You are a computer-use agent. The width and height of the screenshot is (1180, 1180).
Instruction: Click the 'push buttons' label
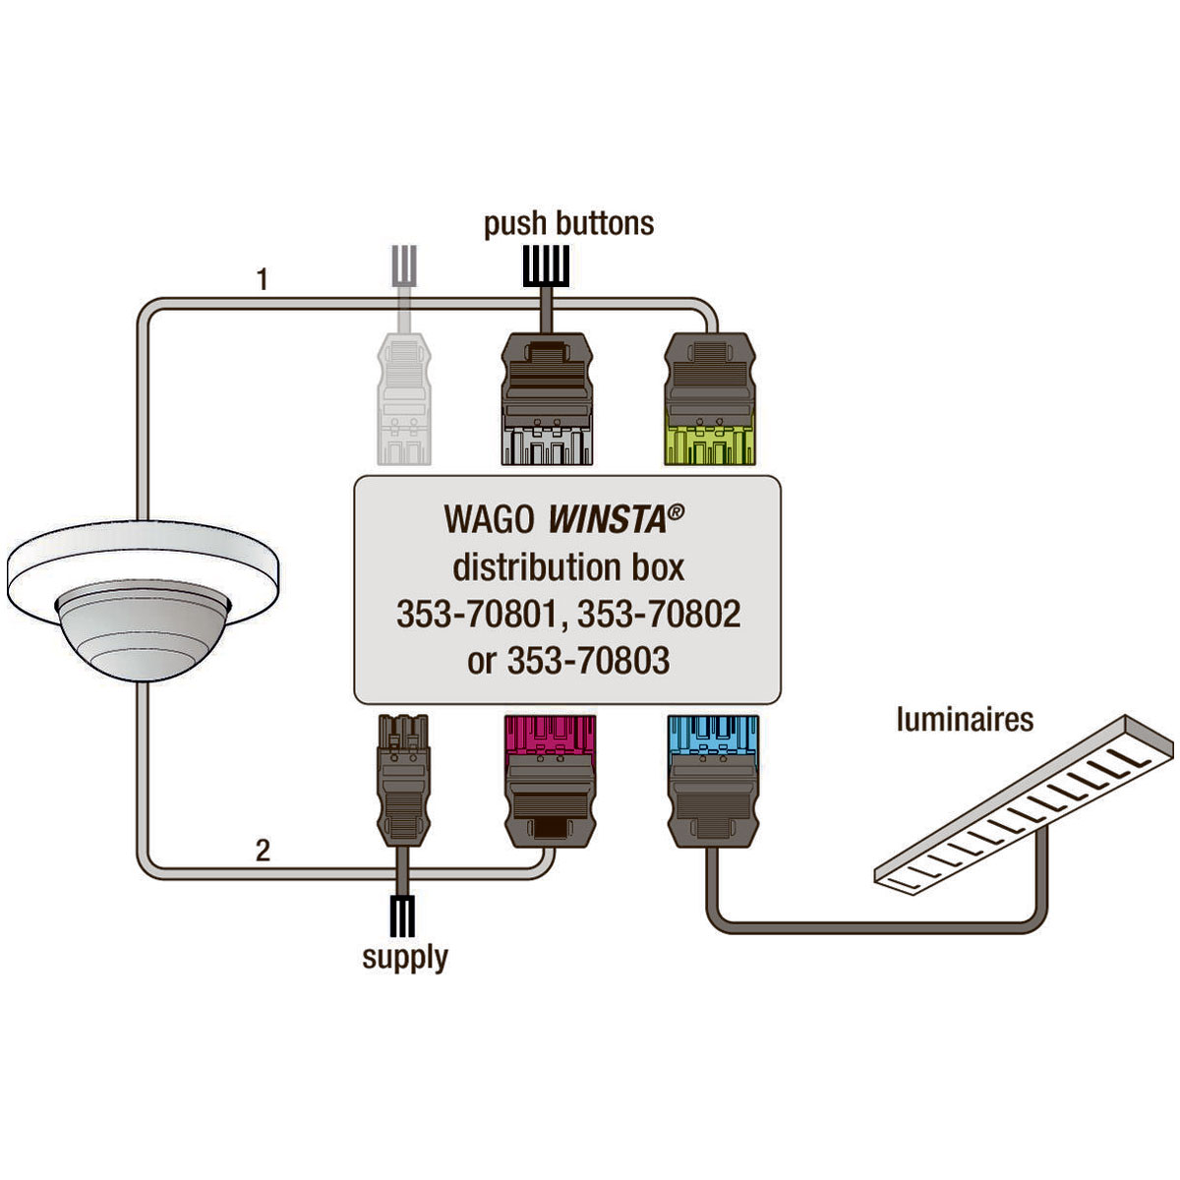point(568,225)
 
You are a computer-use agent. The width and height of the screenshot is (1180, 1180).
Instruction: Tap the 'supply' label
point(405,957)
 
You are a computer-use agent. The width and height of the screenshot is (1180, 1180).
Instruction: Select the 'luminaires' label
point(965,719)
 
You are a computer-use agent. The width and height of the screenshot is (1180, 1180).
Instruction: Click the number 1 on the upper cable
point(263,279)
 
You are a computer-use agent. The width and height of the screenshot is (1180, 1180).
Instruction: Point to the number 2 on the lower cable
point(263,851)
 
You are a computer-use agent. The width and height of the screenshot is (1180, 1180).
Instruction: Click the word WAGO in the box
point(490,520)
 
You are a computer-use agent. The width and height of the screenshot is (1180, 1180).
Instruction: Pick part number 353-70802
point(659,614)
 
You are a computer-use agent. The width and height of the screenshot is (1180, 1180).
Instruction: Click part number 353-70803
point(588,661)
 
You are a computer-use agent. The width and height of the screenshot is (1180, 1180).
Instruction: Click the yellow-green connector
point(710,399)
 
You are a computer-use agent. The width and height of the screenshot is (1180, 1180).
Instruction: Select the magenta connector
point(550,781)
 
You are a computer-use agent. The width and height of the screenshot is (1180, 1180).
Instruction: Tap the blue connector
point(713,781)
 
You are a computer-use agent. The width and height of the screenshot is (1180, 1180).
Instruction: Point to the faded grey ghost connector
point(404,398)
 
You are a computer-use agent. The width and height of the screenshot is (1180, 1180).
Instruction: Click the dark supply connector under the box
point(402,780)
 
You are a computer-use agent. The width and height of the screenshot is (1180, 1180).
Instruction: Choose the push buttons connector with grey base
point(547,399)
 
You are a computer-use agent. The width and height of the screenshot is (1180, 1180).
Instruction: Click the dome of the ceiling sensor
point(144,630)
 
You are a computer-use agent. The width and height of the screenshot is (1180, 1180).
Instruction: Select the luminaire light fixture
point(1024,804)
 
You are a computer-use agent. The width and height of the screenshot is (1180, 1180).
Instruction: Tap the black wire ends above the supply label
point(402,916)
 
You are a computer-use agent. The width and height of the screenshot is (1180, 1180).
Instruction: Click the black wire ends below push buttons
point(546,265)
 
